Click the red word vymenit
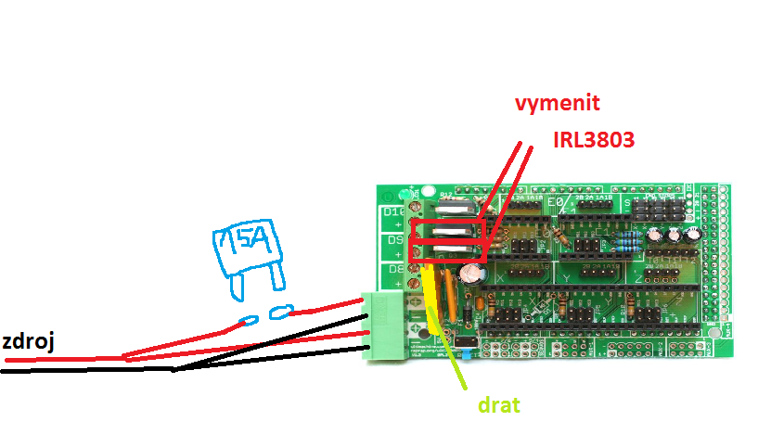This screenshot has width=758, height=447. (x=559, y=103)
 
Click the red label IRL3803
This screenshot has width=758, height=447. (x=594, y=140)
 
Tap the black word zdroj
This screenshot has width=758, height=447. (x=27, y=341)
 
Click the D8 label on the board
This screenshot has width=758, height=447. (x=394, y=269)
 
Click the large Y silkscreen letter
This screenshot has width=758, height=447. (x=566, y=276)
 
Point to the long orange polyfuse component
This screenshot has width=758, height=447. (x=449, y=293)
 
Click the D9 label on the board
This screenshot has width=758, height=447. (x=394, y=240)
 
